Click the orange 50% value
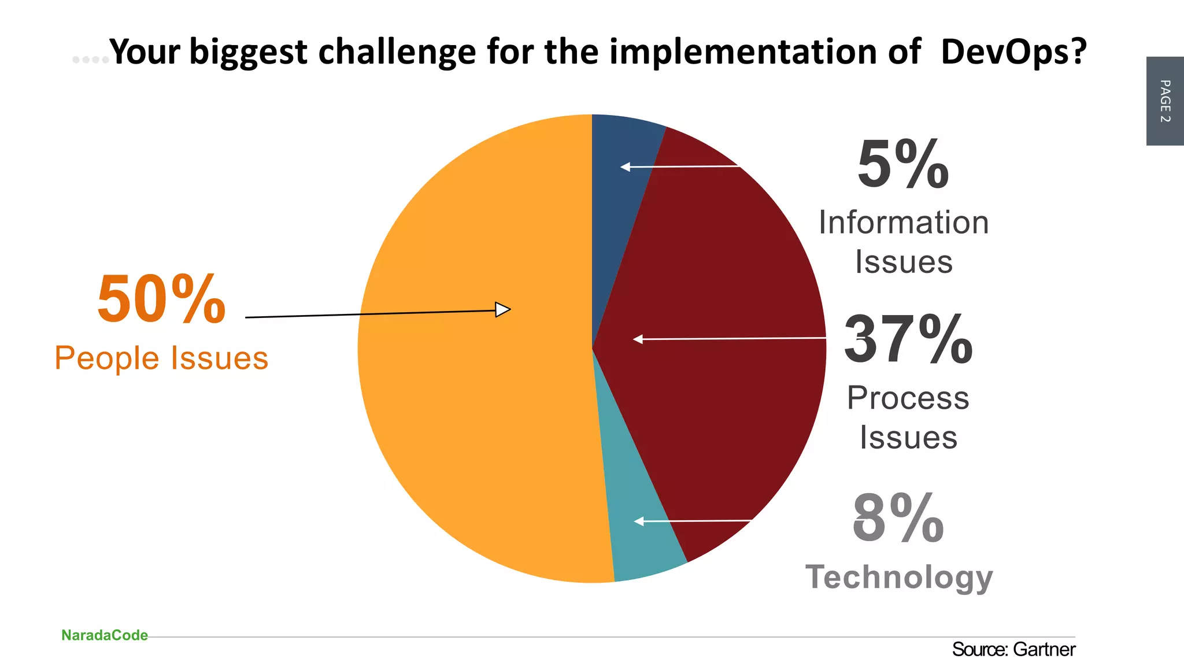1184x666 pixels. point(161,299)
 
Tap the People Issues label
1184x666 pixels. point(161,358)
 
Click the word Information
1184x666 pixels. point(904,223)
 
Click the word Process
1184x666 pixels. point(908,398)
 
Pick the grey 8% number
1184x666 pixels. point(898,519)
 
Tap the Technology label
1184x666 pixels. point(899,577)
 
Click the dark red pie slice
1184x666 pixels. point(723,347)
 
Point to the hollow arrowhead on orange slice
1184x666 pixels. point(502,310)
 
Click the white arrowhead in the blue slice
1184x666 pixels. point(625,167)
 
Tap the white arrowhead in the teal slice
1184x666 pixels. point(639,521)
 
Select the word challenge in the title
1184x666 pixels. point(398,52)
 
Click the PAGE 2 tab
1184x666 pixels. point(1165,101)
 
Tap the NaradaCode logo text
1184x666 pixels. point(105,635)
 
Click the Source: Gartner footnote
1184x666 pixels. point(1013,650)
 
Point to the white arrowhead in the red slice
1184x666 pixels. point(638,339)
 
